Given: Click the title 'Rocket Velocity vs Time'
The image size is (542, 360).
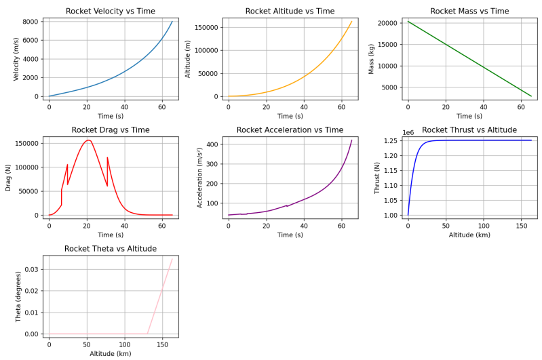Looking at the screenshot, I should point(110,11).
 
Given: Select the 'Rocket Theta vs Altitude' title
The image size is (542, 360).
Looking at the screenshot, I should point(110,249).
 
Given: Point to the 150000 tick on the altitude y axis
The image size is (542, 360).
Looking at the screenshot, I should point(206,27).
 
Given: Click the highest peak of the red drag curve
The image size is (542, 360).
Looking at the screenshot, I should point(88,140).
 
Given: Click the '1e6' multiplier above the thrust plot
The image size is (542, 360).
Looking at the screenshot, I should point(408,133).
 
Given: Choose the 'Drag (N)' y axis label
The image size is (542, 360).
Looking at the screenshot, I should point(9,178).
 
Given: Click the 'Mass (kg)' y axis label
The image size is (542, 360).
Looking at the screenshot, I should point(371,59).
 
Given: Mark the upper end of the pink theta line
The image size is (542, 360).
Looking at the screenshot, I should point(172,258).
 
